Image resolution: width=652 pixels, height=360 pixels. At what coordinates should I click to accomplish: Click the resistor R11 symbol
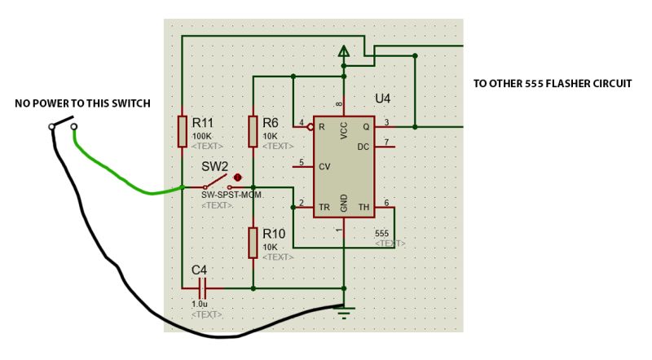(x=183, y=130)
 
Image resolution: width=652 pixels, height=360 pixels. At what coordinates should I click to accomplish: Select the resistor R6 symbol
(x=253, y=131)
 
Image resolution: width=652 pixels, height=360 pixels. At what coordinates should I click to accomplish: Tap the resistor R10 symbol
(x=253, y=243)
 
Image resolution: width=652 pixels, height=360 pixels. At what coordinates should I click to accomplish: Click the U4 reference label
(x=382, y=99)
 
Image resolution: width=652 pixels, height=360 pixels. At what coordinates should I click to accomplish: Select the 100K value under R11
(x=201, y=136)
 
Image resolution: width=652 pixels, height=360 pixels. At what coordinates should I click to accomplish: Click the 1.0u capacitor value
(x=199, y=303)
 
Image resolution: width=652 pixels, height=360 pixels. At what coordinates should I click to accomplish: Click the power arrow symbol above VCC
(x=344, y=52)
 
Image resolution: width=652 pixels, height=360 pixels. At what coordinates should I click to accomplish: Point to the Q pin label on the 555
(x=366, y=126)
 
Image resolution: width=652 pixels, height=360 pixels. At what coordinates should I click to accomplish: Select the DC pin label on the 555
(x=363, y=147)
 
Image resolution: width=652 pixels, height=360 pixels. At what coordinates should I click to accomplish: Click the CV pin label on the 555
(x=324, y=166)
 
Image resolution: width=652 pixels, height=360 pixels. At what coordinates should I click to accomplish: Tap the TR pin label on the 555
(x=324, y=207)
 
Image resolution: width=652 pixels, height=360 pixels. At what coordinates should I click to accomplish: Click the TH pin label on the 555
(x=363, y=208)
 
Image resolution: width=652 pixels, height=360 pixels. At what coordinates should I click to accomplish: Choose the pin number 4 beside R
(x=302, y=123)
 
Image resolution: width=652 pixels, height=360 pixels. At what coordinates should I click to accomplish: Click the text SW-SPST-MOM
(x=231, y=195)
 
